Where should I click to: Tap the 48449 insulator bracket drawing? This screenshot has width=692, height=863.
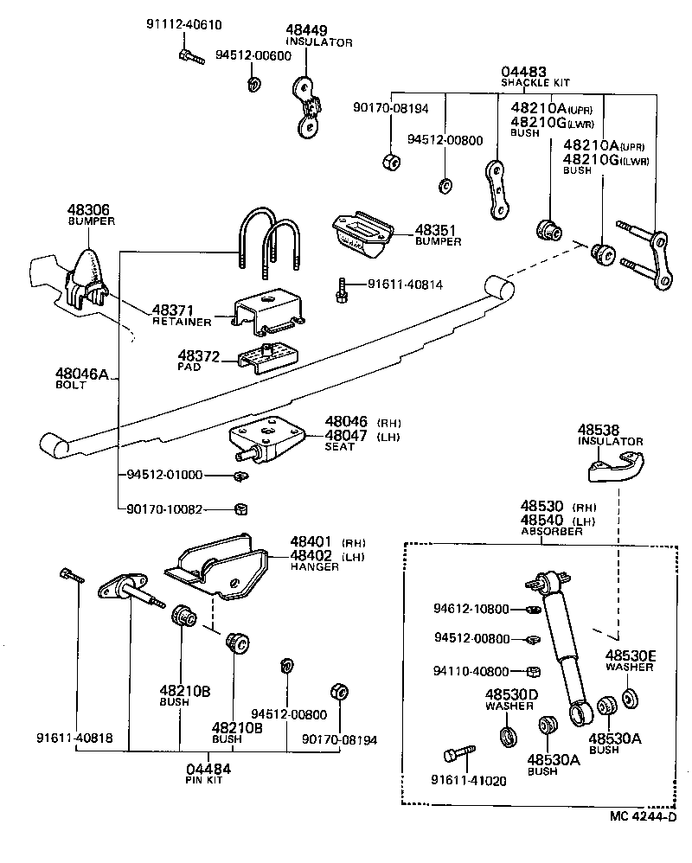click(x=307, y=106)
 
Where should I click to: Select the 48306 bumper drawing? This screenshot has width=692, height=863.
click(x=86, y=275)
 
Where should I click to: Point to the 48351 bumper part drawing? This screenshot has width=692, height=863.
click(x=362, y=233)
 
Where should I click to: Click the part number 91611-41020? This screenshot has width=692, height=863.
click(x=471, y=779)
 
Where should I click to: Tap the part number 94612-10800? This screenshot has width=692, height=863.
click(x=471, y=610)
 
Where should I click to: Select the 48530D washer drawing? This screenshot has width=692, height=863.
click(x=508, y=737)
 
